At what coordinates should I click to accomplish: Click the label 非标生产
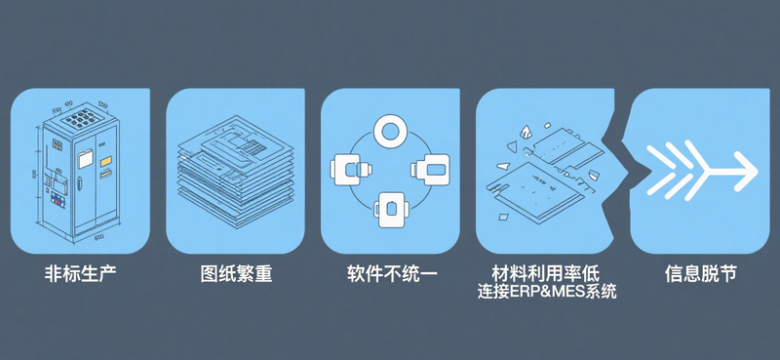click(x=80, y=274)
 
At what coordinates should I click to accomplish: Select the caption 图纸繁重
click(x=236, y=274)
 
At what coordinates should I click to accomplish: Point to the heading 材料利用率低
click(x=545, y=273)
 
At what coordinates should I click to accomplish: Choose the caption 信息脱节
click(x=700, y=274)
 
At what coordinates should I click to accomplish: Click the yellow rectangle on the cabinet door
click(x=106, y=162)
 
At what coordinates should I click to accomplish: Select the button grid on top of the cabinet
click(x=83, y=118)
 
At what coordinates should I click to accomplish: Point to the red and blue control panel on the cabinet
click(x=58, y=200)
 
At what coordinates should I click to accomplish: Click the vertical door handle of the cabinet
click(x=80, y=182)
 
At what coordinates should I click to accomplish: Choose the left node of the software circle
click(x=349, y=170)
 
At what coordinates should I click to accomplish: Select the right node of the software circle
click(x=431, y=170)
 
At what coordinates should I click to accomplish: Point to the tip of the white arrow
click(x=758, y=170)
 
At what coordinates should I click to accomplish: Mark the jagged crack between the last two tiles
click(x=622, y=171)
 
